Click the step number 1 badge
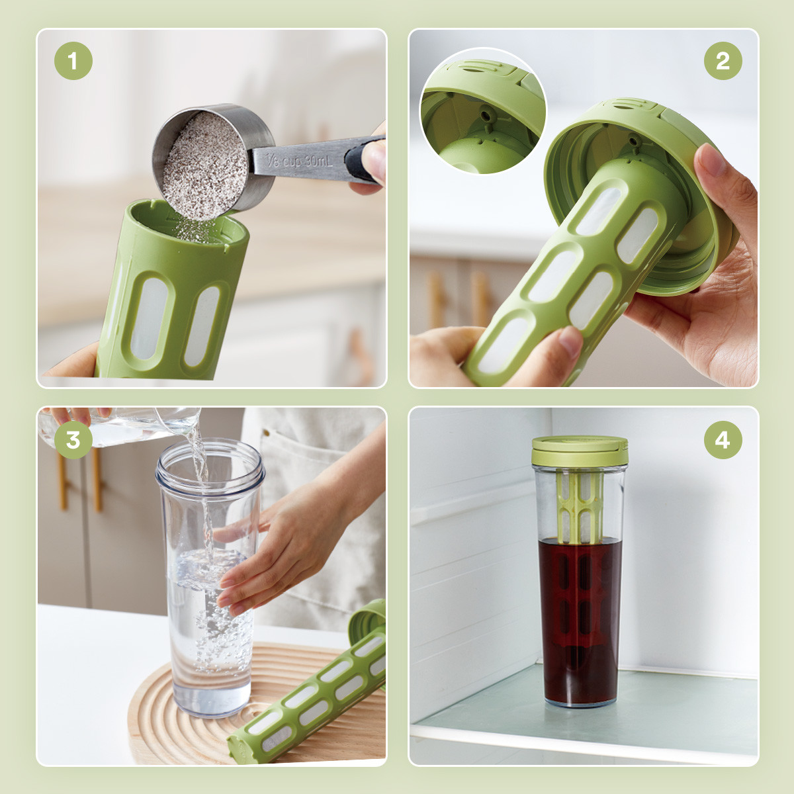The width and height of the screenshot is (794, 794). pos(73,61)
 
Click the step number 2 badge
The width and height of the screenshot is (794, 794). pos(723,61)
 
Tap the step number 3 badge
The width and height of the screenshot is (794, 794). pos(73,439)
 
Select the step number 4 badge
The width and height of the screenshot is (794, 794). pos(723,439)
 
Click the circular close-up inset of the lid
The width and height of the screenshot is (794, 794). pos(482,111)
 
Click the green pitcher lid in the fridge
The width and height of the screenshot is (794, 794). pos(580,451)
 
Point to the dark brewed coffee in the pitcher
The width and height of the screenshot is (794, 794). pos(580,620)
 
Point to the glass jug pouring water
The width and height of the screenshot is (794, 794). pos(120,427)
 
